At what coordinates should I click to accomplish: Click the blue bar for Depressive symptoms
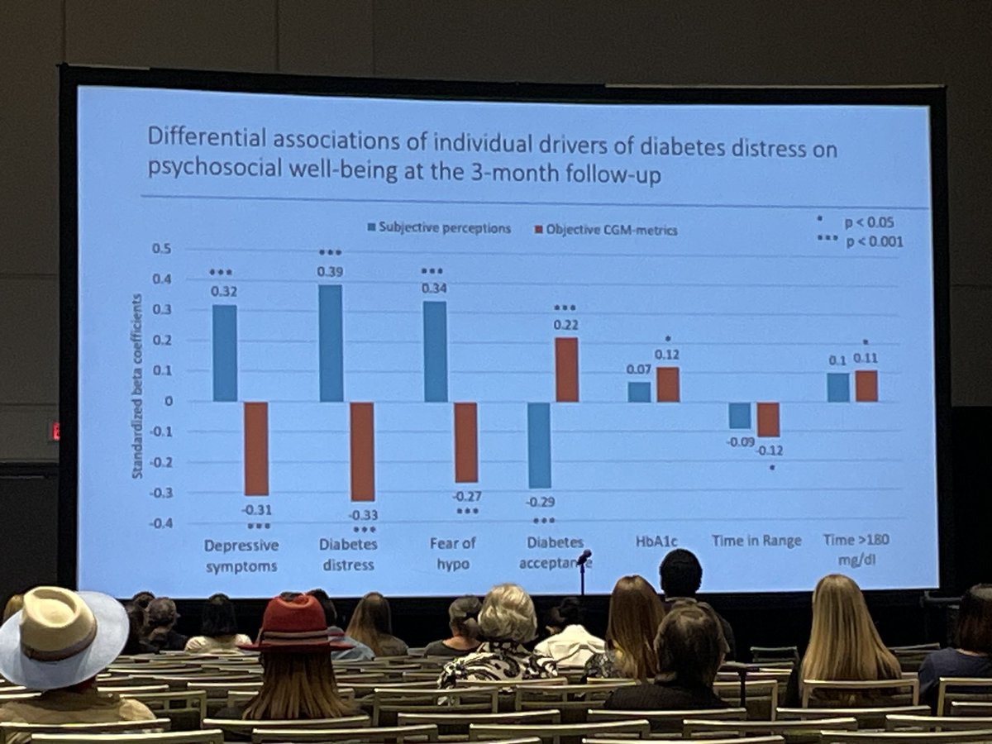224,353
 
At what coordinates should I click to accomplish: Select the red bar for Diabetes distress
362,451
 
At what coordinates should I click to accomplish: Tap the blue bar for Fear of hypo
435,351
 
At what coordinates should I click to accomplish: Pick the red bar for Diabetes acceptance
566,370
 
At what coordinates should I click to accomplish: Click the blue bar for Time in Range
740,416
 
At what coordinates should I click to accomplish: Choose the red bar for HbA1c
668,384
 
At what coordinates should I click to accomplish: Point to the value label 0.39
330,271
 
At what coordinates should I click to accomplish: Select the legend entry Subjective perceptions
437,227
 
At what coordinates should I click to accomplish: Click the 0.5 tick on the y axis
162,248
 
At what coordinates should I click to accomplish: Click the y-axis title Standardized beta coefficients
137,386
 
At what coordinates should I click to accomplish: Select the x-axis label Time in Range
756,541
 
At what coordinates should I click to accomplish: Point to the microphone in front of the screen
584,558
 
